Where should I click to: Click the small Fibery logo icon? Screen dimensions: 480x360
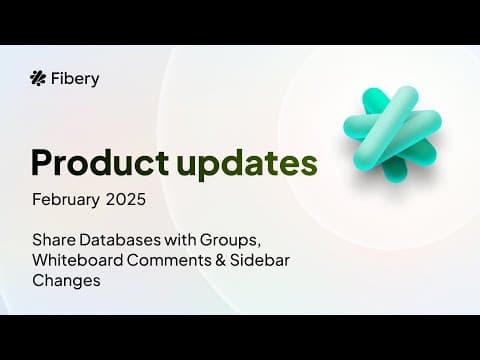click(x=38, y=78)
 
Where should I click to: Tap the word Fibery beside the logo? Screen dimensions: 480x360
click(x=75, y=79)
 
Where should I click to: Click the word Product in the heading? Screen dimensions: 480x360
click(x=100, y=163)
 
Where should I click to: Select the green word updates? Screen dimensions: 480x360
click(x=247, y=164)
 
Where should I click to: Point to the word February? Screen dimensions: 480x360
click(x=66, y=200)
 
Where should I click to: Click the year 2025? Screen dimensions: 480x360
click(x=126, y=199)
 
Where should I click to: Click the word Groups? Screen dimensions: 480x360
click(x=228, y=240)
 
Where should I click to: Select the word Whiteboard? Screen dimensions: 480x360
click(x=78, y=260)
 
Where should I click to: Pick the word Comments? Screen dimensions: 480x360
click(x=169, y=260)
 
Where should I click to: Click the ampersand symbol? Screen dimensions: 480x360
click(x=220, y=260)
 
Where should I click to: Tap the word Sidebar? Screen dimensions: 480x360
click(x=260, y=260)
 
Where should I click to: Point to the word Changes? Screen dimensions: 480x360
click(x=66, y=281)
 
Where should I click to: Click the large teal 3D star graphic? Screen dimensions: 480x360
click(x=392, y=134)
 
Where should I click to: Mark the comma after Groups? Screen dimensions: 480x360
click(x=258, y=246)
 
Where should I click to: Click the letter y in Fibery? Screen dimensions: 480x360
click(x=95, y=82)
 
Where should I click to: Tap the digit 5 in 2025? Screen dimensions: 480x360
click(x=141, y=200)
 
